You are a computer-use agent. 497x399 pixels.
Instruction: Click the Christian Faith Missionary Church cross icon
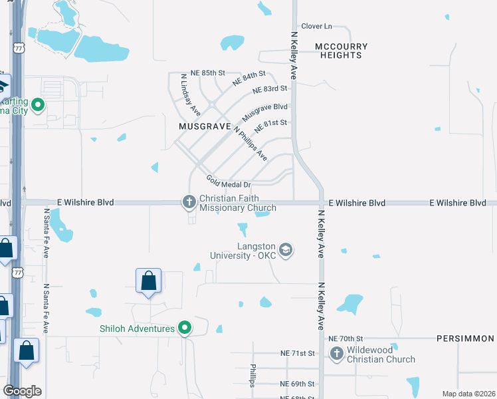pyautogui.click(x=189, y=201)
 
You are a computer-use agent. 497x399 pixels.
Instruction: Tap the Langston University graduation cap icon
pyautogui.click(x=286, y=249)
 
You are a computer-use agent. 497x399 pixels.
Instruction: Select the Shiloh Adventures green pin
pyautogui.click(x=185, y=328)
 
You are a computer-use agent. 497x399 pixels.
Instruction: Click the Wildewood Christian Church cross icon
pyautogui.click(x=337, y=353)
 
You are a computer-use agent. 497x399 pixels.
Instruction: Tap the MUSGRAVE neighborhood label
pyautogui.click(x=204, y=126)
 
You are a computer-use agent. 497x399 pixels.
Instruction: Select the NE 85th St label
pyautogui.click(x=208, y=72)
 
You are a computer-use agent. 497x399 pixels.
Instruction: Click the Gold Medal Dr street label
pyautogui.click(x=228, y=182)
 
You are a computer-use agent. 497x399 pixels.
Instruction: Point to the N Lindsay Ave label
pyautogui.click(x=190, y=96)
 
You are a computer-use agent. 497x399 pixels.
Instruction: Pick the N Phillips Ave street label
pyautogui.click(x=250, y=144)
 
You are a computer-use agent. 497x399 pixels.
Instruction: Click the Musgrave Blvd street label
pyautogui.click(x=264, y=111)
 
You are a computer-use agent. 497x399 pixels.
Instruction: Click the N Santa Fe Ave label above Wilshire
pyautogui.click(x=47, y=233)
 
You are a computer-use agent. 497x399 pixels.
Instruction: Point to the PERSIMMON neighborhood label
pyautogui.click(x=466, y=338)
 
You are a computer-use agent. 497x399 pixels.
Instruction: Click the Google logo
pyautogui.click(x=22, y=391)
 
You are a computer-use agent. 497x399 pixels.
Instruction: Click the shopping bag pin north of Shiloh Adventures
pyautogui.click(x=148, y=281)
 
